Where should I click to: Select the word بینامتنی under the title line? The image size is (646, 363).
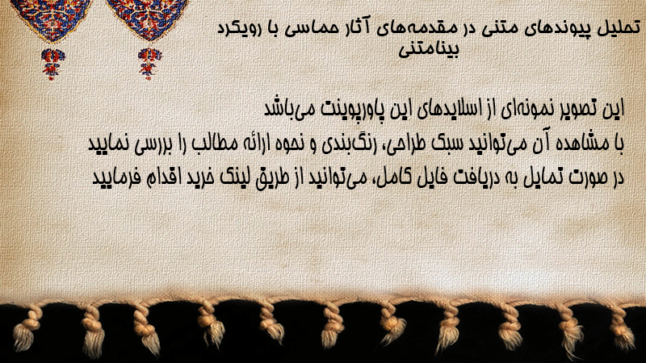[429, 49]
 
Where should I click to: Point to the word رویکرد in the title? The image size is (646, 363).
[240, 29]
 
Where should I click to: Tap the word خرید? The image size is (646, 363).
[199, 177]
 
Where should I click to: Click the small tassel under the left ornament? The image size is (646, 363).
[52, 64]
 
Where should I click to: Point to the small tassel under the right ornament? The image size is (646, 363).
[149, 64]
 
